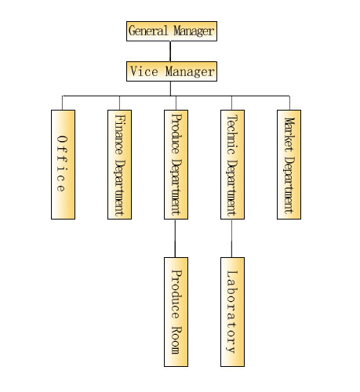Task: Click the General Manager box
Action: click(172, 31)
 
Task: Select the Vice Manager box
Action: click(172, 71)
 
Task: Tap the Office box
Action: click(63, 165)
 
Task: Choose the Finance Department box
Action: click(119, 165)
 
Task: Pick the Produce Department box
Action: click(176, 165)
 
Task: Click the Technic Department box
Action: click(232, 165)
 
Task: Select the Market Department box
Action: click(289, 165)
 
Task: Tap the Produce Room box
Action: click(176, 312)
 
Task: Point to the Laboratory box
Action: click(232, 312)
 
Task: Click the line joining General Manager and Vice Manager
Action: click(170, 51)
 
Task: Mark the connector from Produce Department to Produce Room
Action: click(175, 238)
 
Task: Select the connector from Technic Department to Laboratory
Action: click(231, 238)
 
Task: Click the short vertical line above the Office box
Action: click(62, 103)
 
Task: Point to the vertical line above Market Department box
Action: click(289, 103)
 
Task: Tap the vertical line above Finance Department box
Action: click(119, 103)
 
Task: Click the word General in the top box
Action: click(148, 31)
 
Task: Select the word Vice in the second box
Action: click(144, 71)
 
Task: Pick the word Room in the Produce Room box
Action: click(176, 340)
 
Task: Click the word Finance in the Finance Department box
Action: click(119, 134)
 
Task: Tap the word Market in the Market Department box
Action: click(289, 134)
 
